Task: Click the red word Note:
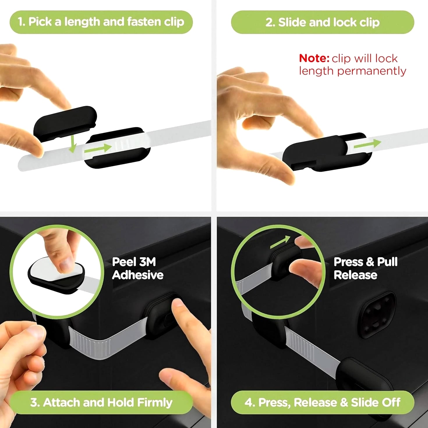coord(314,58)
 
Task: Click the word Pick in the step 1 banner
coord(40,22)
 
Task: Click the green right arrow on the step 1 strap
coord(98,148)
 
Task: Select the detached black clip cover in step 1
coord(65,123)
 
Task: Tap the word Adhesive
coord(138,275)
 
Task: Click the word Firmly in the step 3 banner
coord(155,402)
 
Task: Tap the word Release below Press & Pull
coord(356,275)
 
